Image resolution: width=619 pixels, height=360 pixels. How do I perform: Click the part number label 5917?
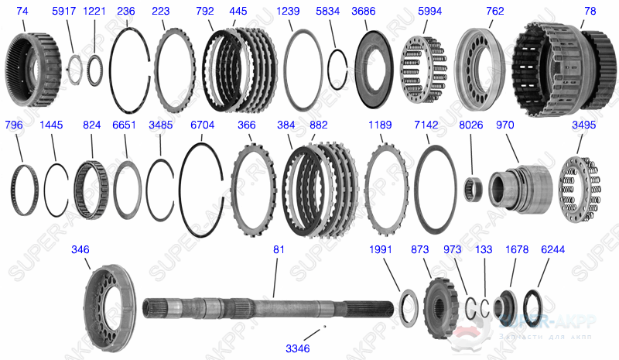pyautogui.click(x=64, y=12)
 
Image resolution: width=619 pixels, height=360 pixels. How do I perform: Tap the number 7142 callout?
pyautogui.click(x=426, y=124)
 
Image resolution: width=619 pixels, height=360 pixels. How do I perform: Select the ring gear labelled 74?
pyautogui.click(x=33, y=66)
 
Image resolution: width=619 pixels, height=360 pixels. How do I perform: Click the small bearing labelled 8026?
pyautogui.click(x=473, y=189)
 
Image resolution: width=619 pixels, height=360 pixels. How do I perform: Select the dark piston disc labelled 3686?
pyautogui.click(x=374, y=67)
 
